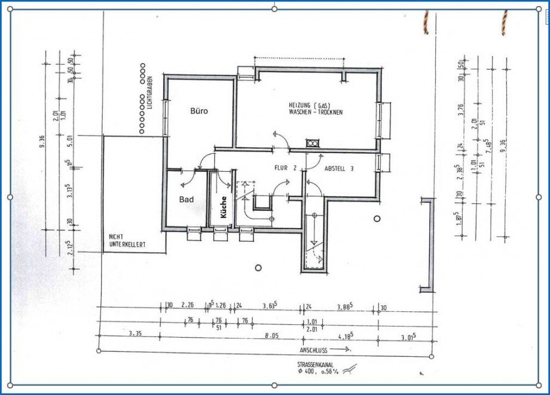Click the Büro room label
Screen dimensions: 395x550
(198, 111)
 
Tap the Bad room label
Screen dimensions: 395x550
(187, 200)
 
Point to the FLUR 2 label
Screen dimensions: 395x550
(286, 169)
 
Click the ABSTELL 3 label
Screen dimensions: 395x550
(339, 169)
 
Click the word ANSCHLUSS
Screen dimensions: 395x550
(314, 348)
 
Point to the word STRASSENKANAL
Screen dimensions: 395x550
(315, 364)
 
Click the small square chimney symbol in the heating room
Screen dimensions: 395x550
(312, 143)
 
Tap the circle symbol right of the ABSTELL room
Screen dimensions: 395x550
(377, 218)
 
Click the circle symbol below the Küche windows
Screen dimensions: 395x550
(258, 268)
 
